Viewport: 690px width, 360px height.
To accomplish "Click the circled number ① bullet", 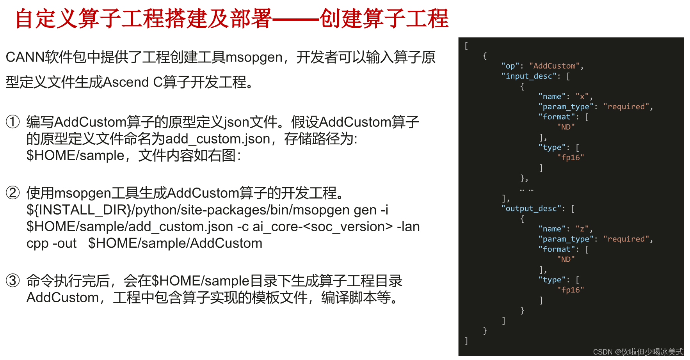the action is (12, 122).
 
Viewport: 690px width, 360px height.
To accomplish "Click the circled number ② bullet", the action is (12, 193).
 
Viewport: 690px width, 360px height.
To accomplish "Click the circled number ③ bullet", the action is (12, 280).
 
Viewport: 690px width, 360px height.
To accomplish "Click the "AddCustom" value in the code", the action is (554, 66).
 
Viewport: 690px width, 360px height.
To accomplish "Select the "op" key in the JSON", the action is (510, 66).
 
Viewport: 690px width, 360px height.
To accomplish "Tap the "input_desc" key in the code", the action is (529, 76).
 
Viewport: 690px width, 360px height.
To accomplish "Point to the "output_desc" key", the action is (531, 209).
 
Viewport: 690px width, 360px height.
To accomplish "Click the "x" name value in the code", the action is (582, 96).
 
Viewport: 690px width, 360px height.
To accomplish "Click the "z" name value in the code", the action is (582, 229).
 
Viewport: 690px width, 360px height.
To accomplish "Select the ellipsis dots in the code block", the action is (526, 190).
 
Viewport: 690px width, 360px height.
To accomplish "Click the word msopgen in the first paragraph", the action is (254, 57).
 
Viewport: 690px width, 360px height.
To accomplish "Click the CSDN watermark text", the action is (638, 352).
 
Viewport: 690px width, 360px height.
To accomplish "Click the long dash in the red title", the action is (295, 19).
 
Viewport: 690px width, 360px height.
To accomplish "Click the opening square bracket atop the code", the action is (466, 46).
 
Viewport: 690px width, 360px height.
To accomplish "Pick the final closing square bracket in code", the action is (466, 341).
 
